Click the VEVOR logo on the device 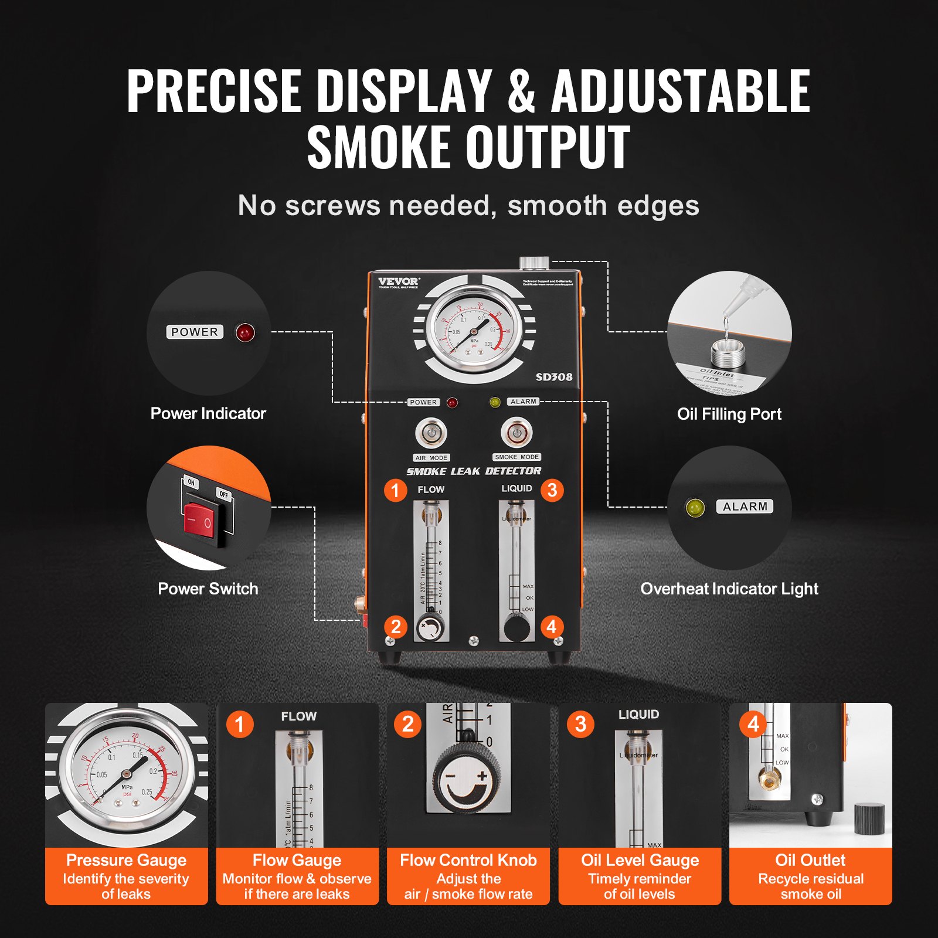click(399, 281)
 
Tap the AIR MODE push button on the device click(431, 433)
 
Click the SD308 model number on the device click(554, 377)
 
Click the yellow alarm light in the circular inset click(695, 507)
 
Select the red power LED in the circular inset click(245, 332)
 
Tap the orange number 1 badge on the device click(395, 490)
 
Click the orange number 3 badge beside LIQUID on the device click(552, 490)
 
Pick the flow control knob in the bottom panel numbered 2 click(468, 783)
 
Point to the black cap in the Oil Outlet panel click(869, 819)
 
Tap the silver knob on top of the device click(534, 263)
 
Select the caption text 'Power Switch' click(208, 589)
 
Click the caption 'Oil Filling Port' click(729, 414)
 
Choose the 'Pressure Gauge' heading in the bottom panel click(126, 860)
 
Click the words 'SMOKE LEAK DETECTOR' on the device click(474, 471)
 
